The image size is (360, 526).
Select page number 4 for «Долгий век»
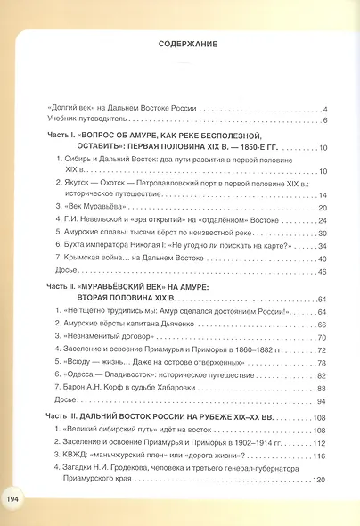326,108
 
